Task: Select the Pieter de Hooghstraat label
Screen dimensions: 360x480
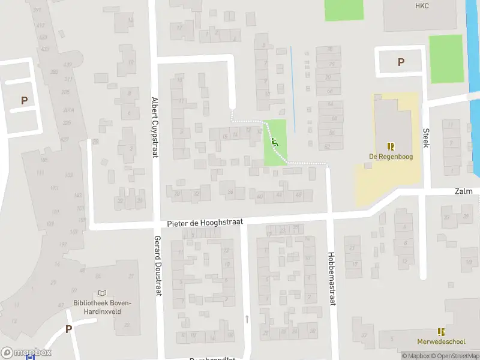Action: coord(205,222)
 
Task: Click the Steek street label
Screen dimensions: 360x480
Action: coord(426,137)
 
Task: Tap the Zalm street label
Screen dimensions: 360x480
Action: coord(463,191)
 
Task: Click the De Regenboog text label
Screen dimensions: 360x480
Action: coord(391,157)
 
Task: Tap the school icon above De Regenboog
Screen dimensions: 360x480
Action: coord(391,146)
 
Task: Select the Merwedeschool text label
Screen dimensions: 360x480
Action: coord(442,342)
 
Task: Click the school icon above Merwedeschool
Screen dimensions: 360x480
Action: coord(442,332)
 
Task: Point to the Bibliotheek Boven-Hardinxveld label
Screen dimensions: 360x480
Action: coord(102,307)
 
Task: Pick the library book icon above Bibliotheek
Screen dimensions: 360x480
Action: coord(102,293)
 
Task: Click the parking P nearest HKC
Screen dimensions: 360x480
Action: coord(401,62)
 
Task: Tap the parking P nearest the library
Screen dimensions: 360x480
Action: coord(68,329)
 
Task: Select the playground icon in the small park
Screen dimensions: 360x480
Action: coord(275,142)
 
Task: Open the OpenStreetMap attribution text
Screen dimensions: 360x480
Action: coord(454,356)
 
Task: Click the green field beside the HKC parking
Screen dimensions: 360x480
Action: coord(446,59)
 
